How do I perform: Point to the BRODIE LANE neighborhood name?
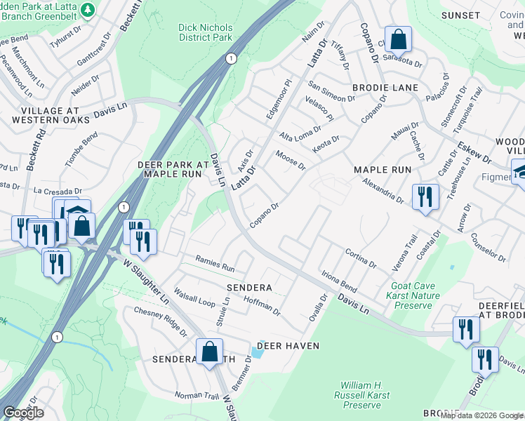[385, 88]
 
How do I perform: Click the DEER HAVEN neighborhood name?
[288, 346]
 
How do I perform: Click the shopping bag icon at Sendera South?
[209, 352]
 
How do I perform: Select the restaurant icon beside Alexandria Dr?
[425, 197]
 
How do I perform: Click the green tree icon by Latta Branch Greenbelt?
[88, 10]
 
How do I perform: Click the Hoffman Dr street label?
[262, 305]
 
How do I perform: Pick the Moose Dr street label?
[291, 161]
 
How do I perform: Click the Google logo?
[23, 413]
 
